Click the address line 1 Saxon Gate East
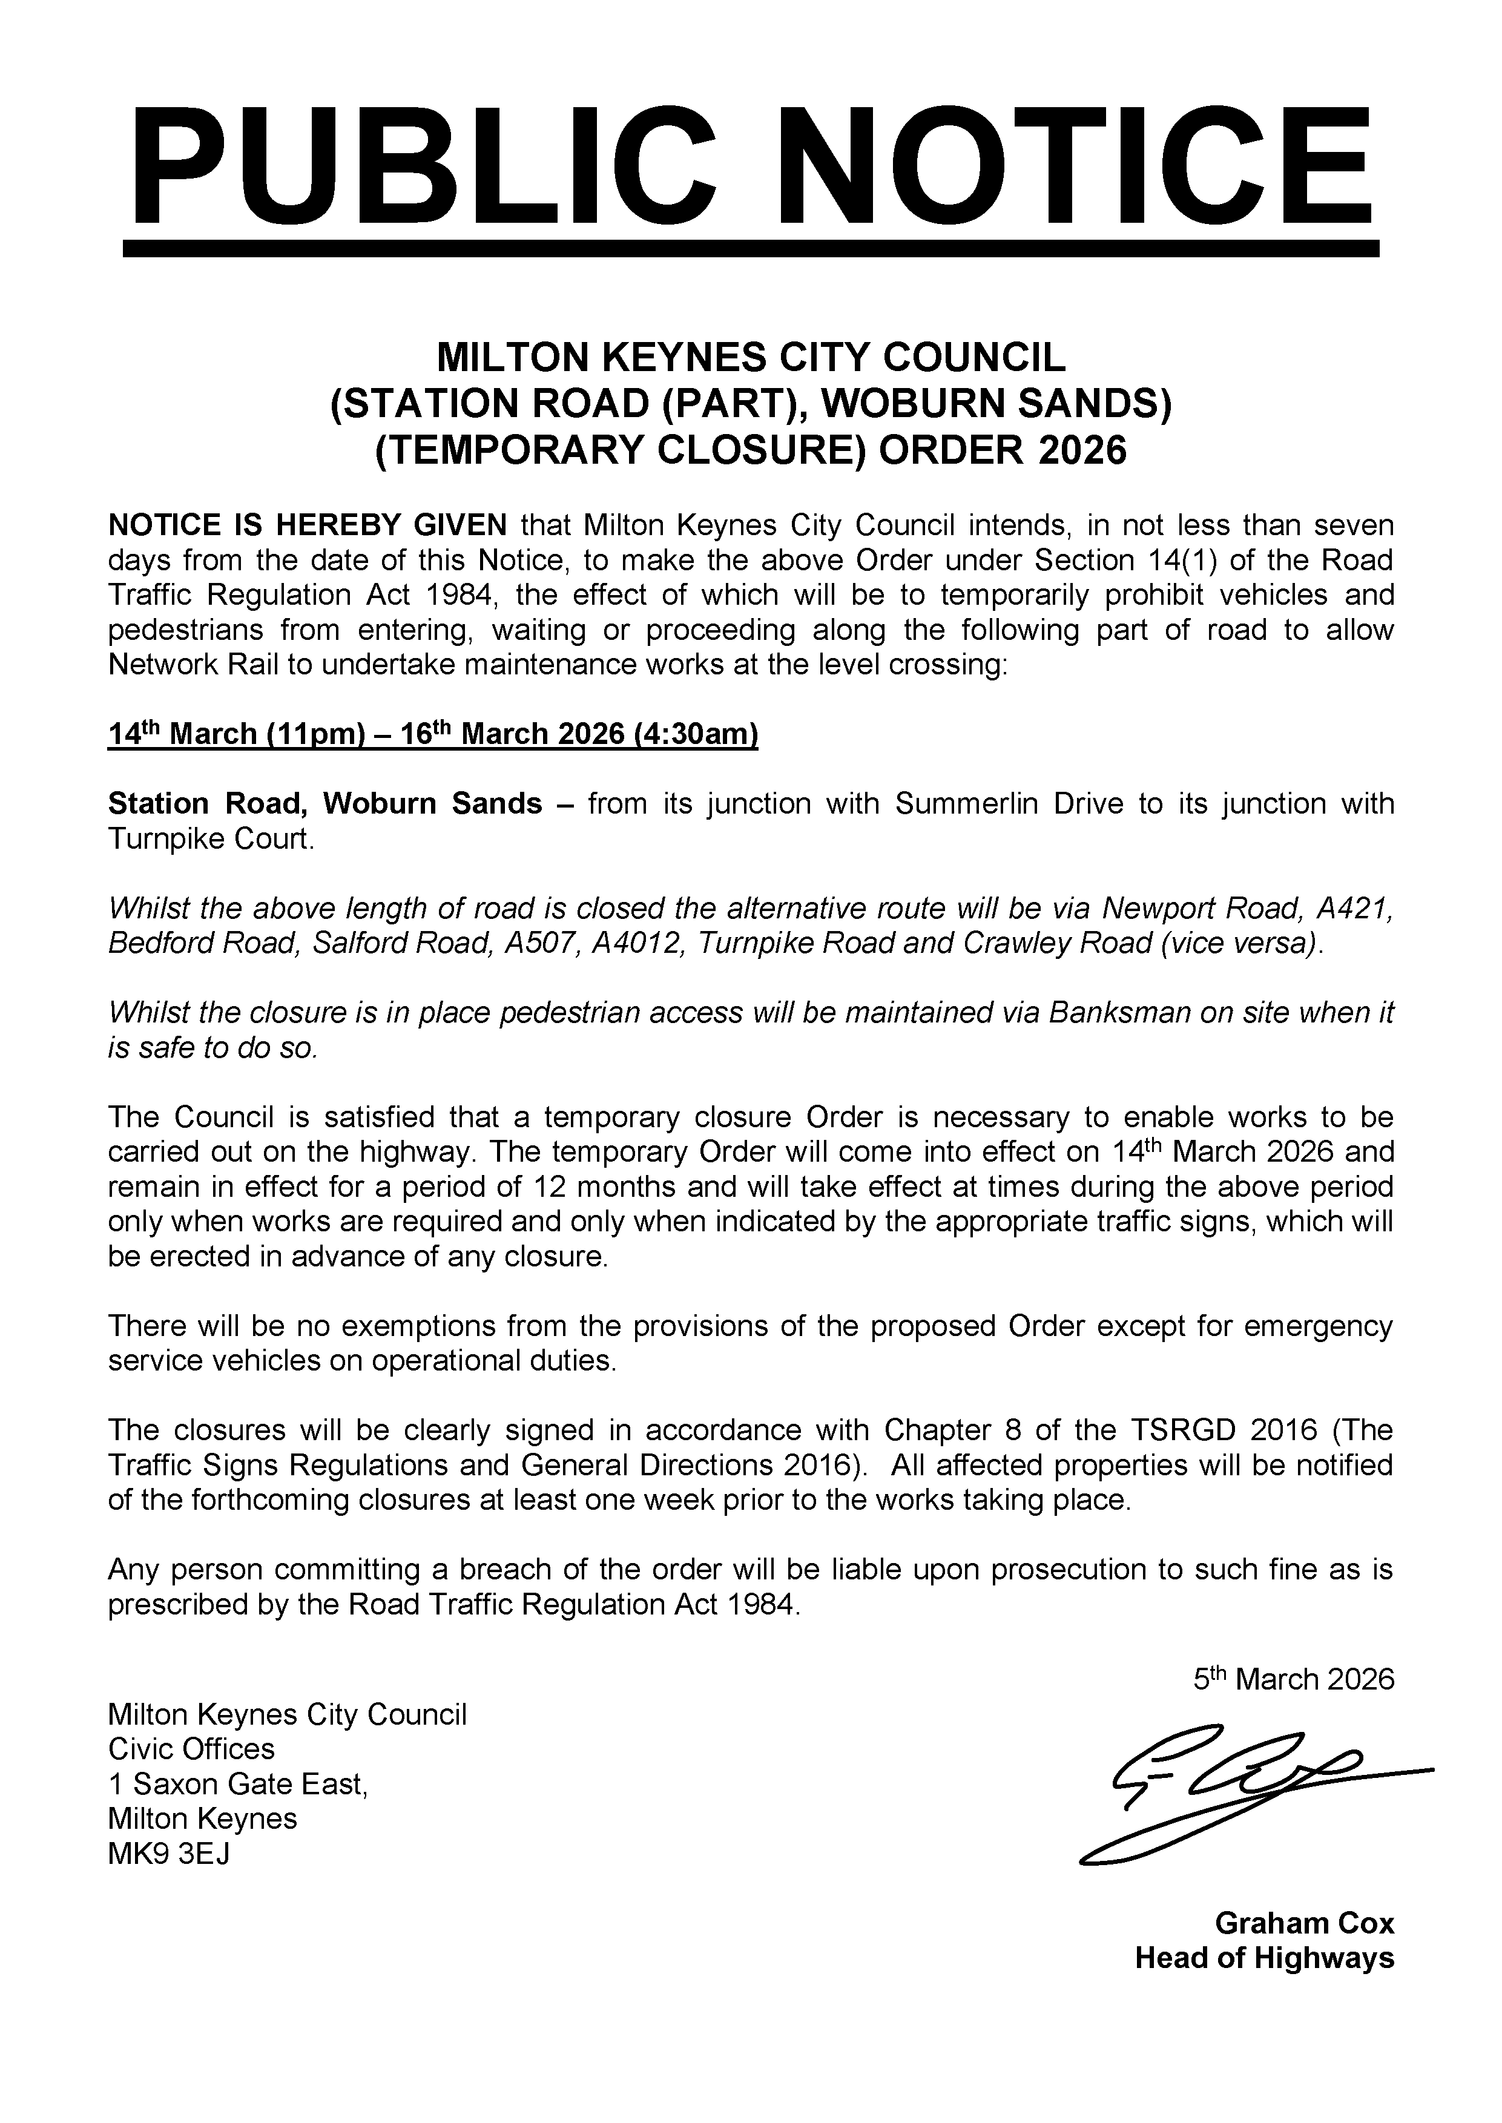point(238,1783)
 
